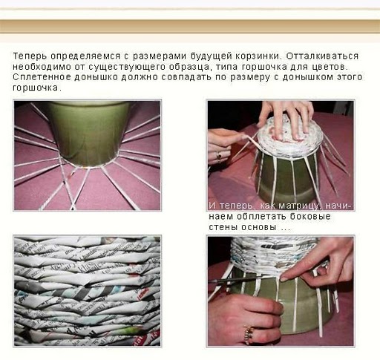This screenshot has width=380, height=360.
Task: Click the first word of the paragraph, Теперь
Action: (30, 56)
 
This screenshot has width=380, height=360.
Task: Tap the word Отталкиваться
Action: (322, 56)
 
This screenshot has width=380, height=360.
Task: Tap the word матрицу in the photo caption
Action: (300, 206)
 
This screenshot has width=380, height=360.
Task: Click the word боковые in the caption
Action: (310, 217)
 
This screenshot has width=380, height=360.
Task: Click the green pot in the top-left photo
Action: (89, 134)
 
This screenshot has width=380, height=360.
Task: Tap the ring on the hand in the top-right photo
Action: (219, 156)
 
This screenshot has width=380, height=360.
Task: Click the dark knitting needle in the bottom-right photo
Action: (238, 281)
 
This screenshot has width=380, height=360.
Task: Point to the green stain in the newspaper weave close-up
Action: (128, 331)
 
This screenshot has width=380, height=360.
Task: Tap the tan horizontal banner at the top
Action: (190, 26)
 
